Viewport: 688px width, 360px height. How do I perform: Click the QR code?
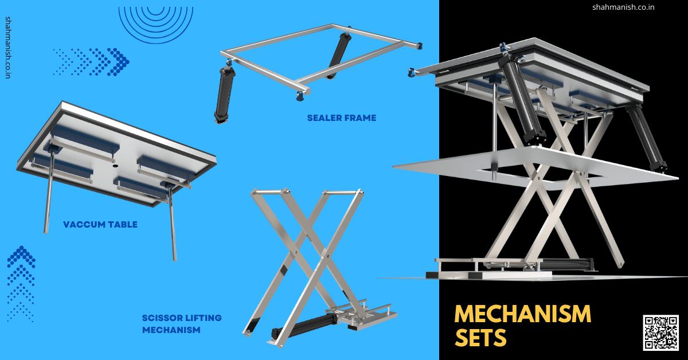click(660, 332)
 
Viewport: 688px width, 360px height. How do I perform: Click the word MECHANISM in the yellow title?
click(523, 314)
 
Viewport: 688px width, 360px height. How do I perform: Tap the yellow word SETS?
click(480, 338)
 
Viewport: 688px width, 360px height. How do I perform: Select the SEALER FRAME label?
click(342, 118)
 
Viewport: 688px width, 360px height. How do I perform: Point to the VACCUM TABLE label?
click(100, 225)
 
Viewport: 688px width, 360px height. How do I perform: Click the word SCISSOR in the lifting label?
click(163, 318)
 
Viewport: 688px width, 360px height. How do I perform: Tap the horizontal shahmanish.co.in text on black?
click(623, 7)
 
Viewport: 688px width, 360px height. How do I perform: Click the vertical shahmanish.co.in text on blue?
click(8, 48)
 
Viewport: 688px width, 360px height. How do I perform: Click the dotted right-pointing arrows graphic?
click(91, 62)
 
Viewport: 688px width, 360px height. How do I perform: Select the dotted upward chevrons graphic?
click(21, 284)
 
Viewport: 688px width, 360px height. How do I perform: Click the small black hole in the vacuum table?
click(115, 166)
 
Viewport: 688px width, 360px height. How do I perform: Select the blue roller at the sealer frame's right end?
click(419, 46)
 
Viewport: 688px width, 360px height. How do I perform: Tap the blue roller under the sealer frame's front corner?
click(300, 96)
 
